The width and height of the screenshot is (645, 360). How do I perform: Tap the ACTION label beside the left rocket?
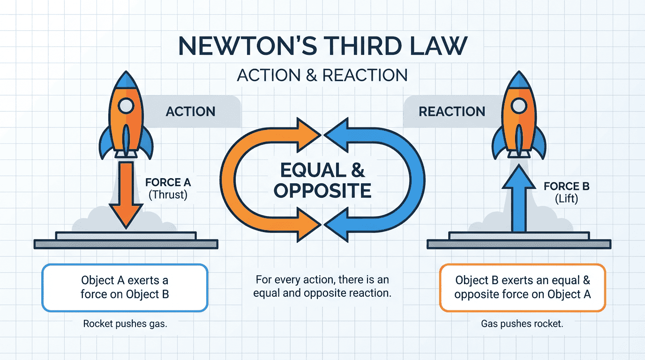(x=191, y=112)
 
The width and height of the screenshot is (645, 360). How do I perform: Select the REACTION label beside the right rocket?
(x=452, y=112)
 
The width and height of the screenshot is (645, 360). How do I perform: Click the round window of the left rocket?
(x=126, y=106)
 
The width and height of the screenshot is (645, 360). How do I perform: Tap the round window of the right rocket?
(x=519, y=106)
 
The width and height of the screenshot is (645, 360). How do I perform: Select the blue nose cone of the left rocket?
(x=126, y=80)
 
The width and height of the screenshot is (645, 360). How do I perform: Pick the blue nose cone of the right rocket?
(x=519, y=80)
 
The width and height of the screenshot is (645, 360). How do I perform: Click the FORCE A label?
(x=168, y=182)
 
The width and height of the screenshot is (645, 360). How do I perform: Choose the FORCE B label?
(x=566, y=186)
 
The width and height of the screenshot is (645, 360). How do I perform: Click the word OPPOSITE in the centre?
(x=322, y=191)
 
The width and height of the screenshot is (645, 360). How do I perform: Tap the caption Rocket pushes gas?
(x=125, y=324)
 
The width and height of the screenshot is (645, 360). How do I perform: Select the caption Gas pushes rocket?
(x=522, y=324)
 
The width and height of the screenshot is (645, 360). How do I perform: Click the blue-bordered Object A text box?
(x=125, y=288)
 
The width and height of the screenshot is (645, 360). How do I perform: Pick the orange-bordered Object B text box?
(x=523, y=288)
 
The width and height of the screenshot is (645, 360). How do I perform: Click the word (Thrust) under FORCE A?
(x=168, y=195)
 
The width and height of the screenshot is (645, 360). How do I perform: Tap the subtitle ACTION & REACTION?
(x=322, y=75)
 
